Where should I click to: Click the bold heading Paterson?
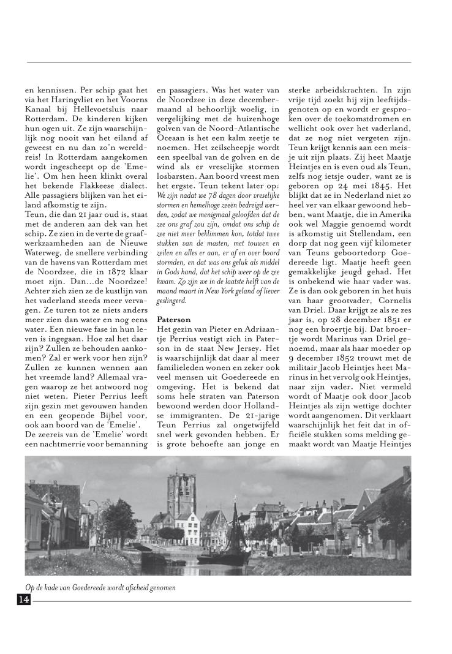(x=174, y=320)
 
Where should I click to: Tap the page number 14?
(x=24, y=600)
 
